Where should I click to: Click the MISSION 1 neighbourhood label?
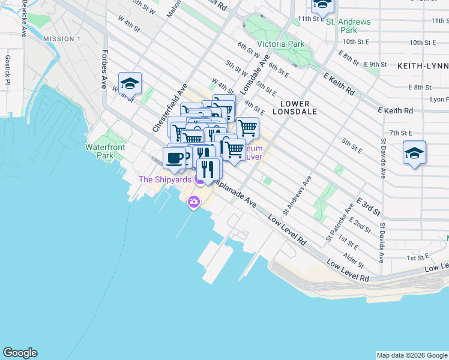click(62, 39)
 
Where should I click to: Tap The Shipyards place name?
click(165, 179)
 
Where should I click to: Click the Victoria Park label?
click(280, 44)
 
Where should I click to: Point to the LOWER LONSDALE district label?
click(291, 107)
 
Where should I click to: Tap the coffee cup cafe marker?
click(174, 158)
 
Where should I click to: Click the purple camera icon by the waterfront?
click(194, 202)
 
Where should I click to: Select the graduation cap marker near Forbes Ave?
click(130, 83)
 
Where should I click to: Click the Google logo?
click(20, 353)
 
